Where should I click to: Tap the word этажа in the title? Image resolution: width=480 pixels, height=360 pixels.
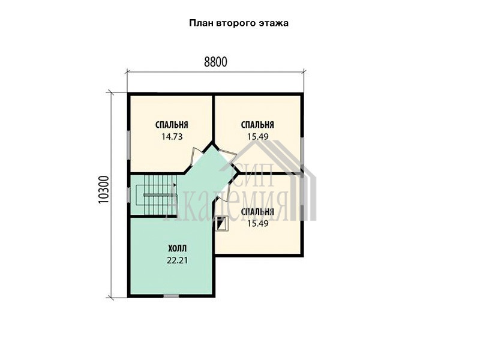(275, 23)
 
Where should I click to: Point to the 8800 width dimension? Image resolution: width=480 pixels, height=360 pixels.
(215, 62)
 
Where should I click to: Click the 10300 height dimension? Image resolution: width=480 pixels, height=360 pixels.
(104, 190)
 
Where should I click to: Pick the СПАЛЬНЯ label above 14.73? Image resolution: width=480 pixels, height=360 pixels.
(172, 125)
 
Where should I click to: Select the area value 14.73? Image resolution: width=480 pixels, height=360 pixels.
(172, 137)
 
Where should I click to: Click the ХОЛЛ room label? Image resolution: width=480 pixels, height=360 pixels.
(177, 248)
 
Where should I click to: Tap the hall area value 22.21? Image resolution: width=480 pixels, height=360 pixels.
(177, 260)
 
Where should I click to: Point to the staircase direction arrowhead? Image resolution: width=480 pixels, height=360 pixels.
(175, 185)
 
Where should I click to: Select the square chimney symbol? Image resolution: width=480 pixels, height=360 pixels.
(222, 223)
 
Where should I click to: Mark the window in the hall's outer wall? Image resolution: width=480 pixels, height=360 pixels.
(171, 296)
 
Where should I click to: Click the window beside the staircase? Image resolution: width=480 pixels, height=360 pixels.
(129, 194)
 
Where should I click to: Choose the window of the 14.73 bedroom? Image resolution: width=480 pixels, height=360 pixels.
(129, 141)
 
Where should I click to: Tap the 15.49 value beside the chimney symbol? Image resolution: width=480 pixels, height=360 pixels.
(258, 223)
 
